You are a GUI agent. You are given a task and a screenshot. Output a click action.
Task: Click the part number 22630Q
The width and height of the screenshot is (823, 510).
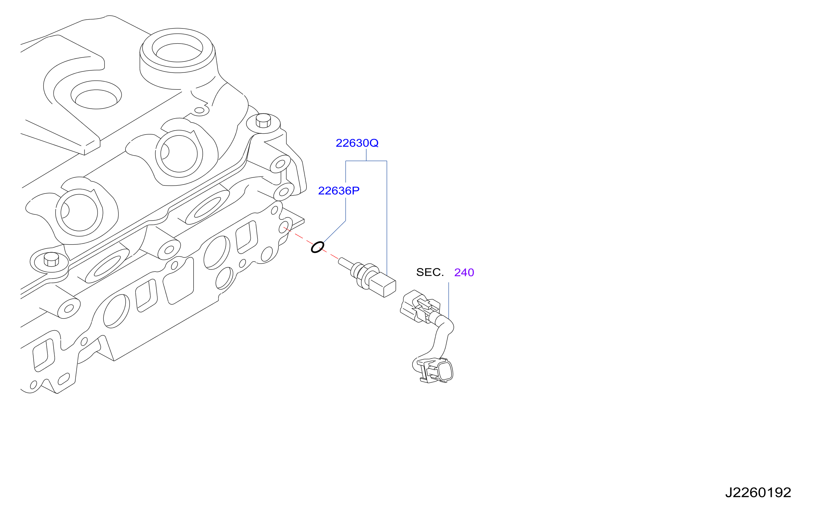coord(357,143)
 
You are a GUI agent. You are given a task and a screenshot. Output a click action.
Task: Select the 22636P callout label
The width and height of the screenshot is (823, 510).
coord(339,191)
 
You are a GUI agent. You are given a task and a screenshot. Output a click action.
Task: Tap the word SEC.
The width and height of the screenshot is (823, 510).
coord(430,272)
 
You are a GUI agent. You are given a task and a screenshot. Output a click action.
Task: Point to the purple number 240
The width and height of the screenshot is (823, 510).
coord(464,273)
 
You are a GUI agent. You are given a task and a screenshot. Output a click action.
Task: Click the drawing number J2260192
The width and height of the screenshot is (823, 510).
coord(758,492)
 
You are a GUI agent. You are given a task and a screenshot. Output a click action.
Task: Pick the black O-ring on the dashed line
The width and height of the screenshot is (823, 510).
coord(317,247)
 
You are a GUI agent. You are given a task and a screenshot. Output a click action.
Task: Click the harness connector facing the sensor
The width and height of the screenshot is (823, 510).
coord(420,307)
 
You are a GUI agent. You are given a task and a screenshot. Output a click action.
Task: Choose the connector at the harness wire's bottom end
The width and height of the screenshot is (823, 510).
coord(433,370)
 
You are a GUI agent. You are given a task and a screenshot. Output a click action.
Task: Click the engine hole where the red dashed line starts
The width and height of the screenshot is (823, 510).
coord(284,227)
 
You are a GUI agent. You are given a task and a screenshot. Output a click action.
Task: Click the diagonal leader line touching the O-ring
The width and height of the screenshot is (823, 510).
coord(334,232)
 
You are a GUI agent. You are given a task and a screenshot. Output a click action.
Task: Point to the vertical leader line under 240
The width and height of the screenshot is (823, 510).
coord(449,300)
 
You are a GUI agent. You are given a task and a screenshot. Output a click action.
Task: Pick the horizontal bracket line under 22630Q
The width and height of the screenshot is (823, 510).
coord(366,161)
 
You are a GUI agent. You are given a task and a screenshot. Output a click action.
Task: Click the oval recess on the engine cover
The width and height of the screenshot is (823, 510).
coord(96,95)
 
